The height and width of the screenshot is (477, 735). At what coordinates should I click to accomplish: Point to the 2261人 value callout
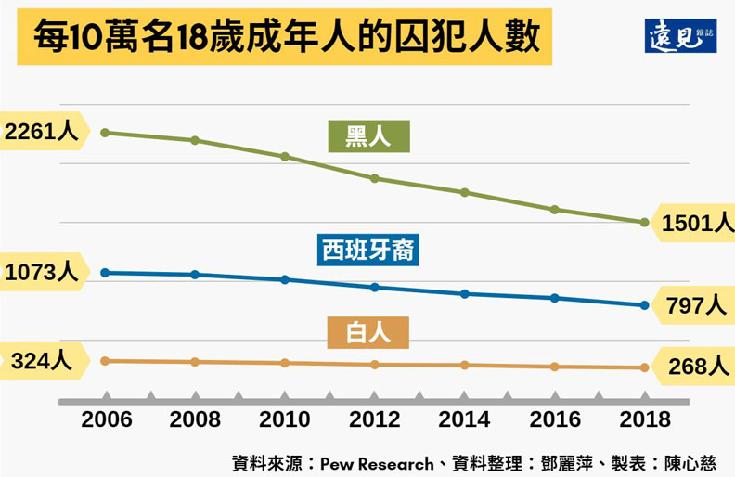pyautogui.click(x=41, y=132)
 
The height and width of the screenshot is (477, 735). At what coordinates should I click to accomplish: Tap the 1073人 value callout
pyautogui.click(x=41, y=273)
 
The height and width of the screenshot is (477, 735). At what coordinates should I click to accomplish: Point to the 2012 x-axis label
pyautogui.click(x=374, y=419)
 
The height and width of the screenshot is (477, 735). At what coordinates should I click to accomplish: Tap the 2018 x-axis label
pyautogui.click(x=644, y=419)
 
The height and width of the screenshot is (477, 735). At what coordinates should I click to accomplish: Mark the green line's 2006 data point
pyautogui.click(x=106, y=133)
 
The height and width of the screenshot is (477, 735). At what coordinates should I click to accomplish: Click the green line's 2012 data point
pyautogui.click(x=374, y=177)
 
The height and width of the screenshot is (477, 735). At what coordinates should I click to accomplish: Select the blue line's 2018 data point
pyautogui.click(x=644, y=305)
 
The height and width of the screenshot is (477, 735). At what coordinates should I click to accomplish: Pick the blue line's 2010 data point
pyautogui.click(x=285, y=279)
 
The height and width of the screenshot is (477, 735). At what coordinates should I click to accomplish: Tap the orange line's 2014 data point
pyautogui.click(x=464, y=366)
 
